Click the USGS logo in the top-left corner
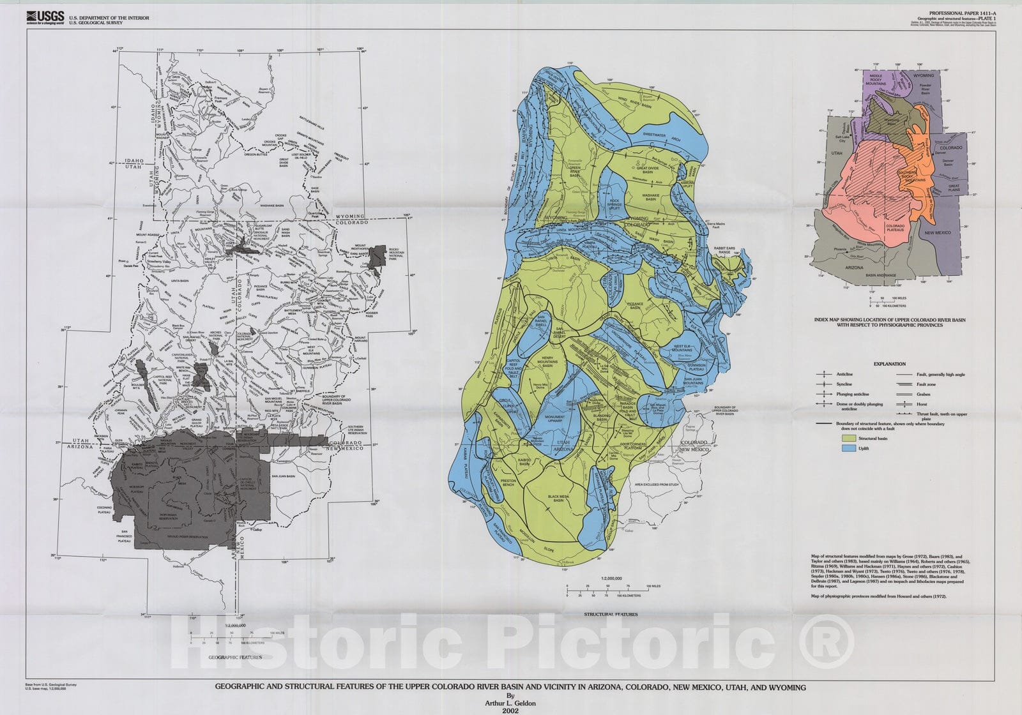(44, 17)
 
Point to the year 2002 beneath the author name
(510, 708)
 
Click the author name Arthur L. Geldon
(510, 702)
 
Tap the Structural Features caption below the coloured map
(610, 614)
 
